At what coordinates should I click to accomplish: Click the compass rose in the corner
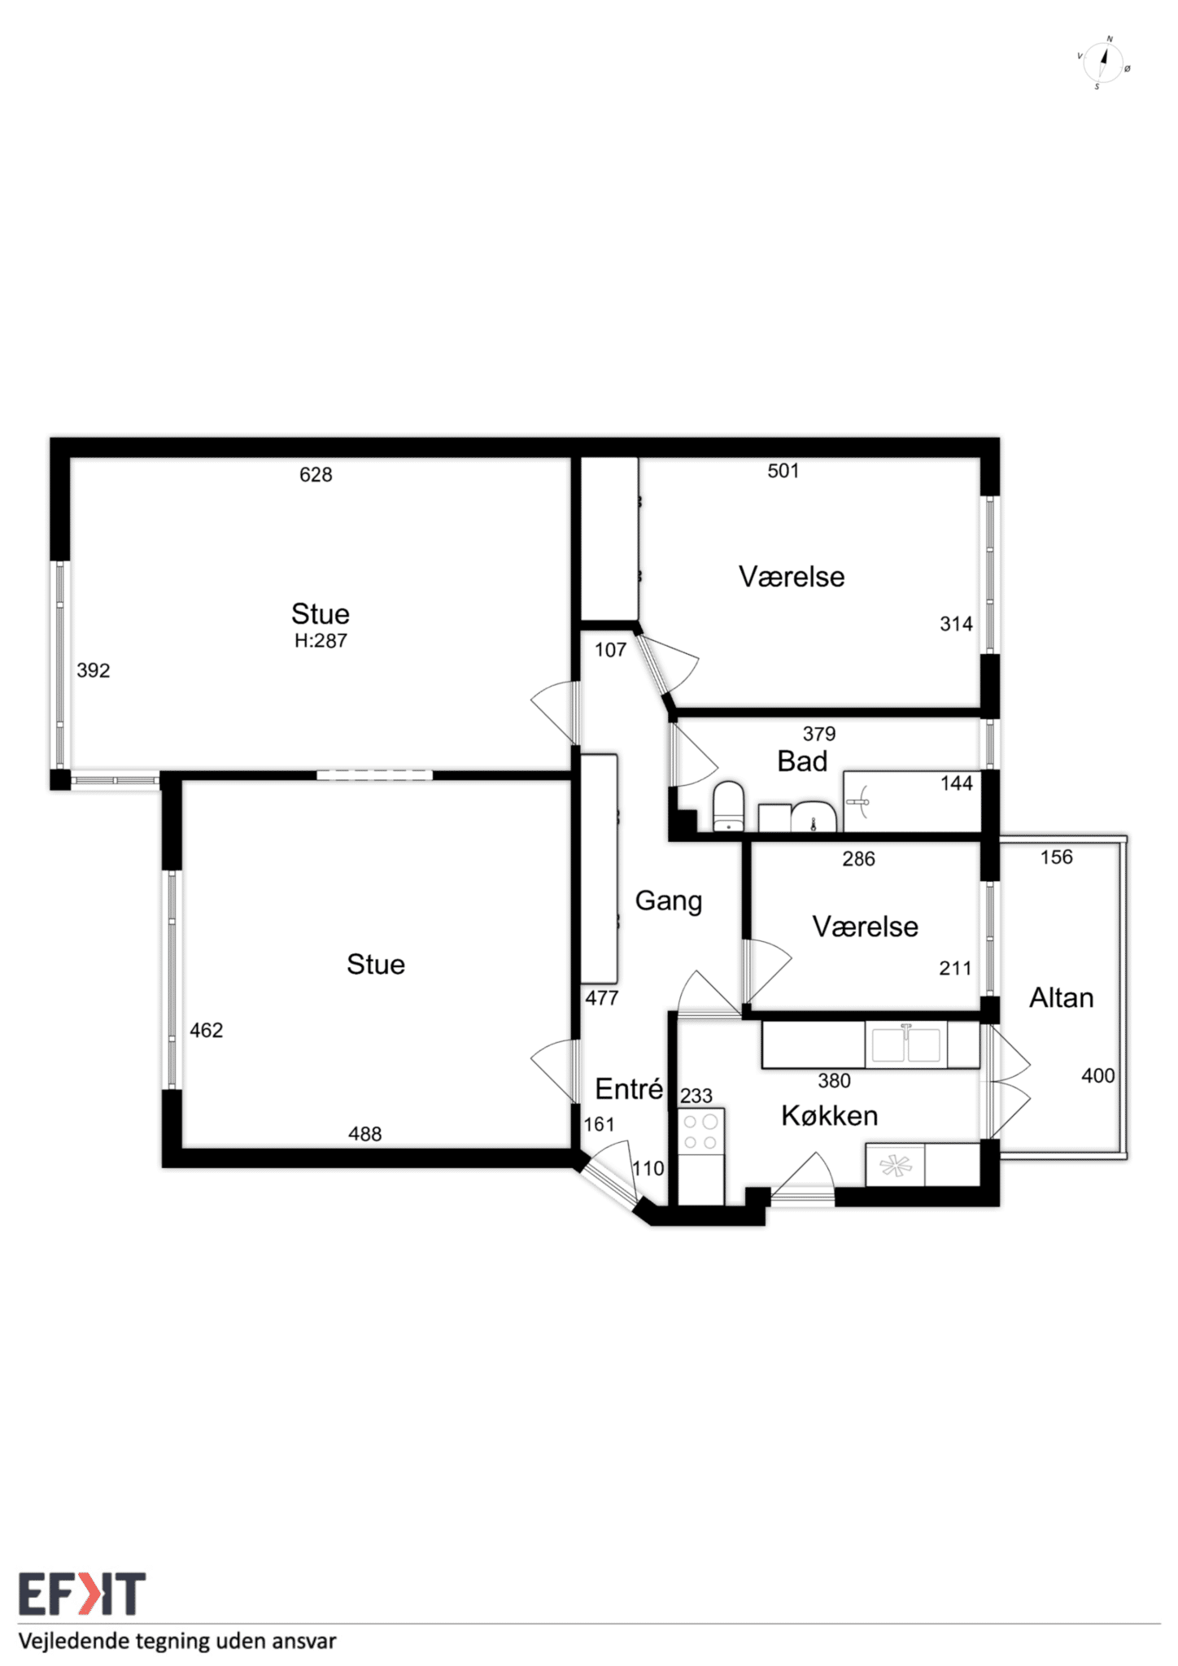[1104, 63]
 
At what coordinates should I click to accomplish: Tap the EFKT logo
[82, 1594]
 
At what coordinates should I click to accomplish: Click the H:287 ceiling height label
[321, 641]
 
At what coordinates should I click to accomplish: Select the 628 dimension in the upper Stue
[316, 475]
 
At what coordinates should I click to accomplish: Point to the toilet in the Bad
[728, 807]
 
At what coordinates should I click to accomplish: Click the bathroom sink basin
[814, 816]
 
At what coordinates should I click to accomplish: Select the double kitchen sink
[905, 1045]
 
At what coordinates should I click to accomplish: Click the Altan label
[1061, 998]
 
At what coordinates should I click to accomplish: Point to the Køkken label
[829, 1115]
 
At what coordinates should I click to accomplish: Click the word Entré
[629, 1088]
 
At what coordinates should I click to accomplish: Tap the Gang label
[668, 901]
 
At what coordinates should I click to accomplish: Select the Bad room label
[802, 761]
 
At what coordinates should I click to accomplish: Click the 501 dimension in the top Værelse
[783, 471]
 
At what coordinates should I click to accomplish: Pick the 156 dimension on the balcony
[1056, 857]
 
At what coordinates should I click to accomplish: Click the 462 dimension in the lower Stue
[206, 1031]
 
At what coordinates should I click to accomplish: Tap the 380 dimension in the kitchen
[834, 1081]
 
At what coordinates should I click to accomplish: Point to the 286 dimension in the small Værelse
[858, 859]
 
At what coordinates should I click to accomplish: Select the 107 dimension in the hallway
[610, 650]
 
